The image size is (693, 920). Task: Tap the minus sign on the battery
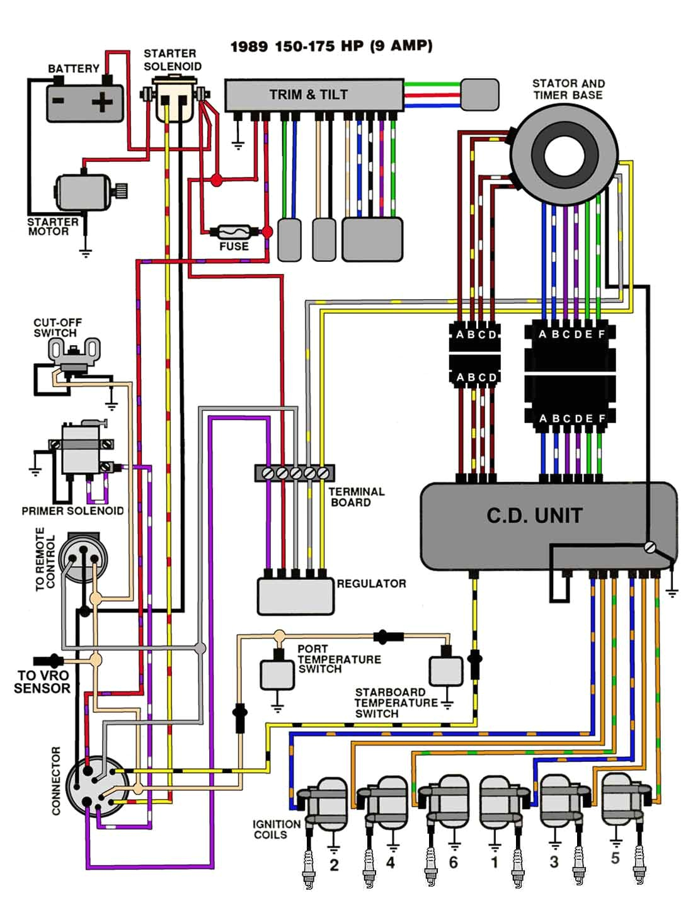pos(59,101)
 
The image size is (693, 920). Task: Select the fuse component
pos(234,232)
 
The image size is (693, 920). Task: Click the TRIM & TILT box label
pos(308,95)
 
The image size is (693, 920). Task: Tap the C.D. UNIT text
pos(534,516)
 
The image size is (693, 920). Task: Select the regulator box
pos(295,596)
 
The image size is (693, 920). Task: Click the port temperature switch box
pos(277,674)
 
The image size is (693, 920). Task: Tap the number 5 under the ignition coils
pos(615,858)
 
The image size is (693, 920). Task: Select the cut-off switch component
pos(74,356)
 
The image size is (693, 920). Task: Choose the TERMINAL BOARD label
pos(356,497)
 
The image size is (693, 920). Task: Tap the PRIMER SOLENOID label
pos(72,511)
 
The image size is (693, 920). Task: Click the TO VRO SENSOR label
pos(42,682)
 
